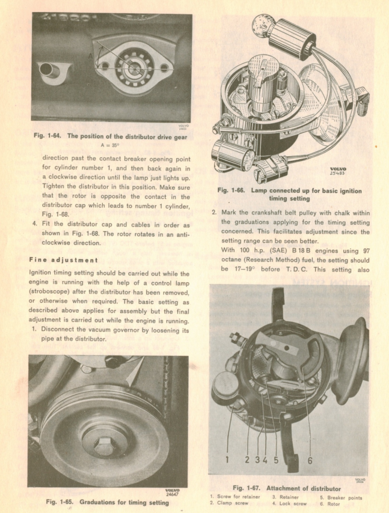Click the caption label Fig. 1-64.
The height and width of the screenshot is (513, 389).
coord(47,136)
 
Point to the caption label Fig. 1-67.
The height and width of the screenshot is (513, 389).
coord(245,488)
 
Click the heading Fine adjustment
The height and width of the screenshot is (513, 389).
coord(64,260)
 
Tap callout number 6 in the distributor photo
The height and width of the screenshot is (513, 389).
coord(310,460)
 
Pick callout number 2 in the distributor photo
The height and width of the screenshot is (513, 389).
coord(247,460)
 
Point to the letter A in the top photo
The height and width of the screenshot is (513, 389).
coord(90,55)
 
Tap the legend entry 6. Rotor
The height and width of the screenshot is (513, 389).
coord(331,503)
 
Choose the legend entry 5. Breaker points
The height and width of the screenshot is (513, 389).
coord(341,497)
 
